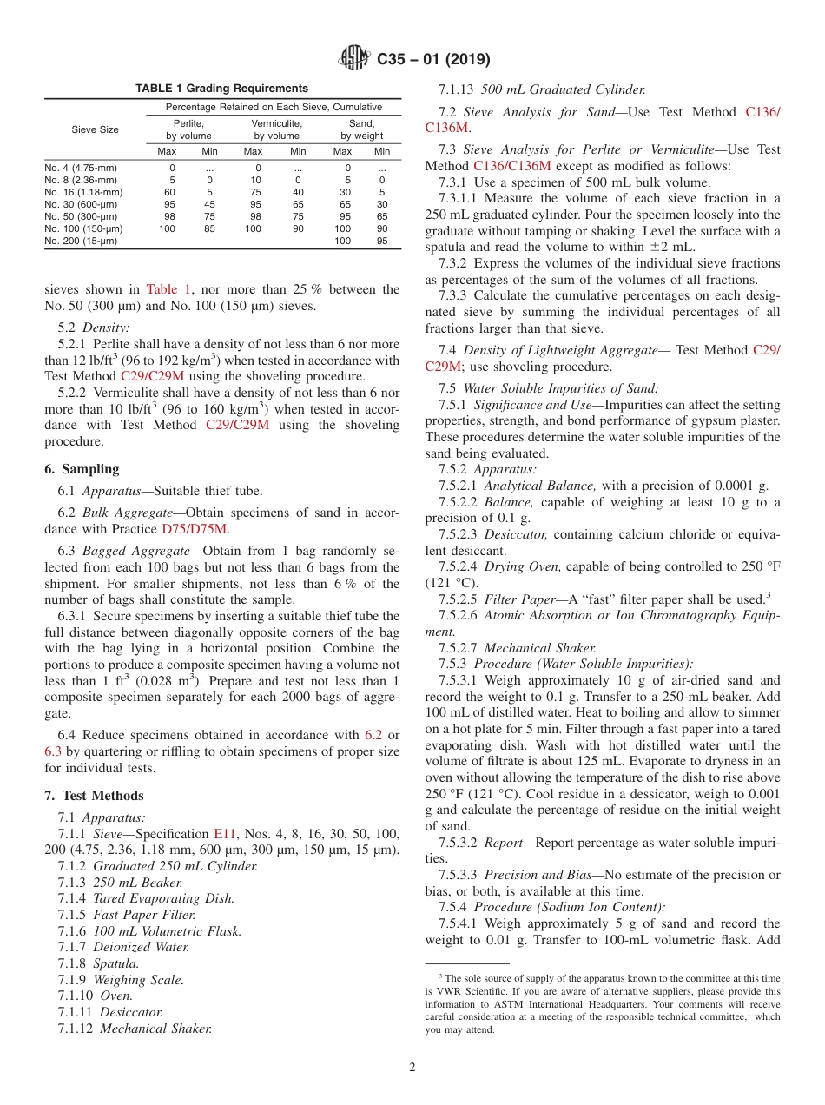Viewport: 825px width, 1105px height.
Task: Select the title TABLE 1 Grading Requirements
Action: point(221,89)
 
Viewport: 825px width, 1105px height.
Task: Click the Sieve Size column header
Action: point(95,129)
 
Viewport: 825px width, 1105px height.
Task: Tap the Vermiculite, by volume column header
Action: point(276,129)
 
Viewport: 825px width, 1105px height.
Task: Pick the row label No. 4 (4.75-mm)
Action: point(80,168)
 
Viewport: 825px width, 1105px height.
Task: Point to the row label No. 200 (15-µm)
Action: point(80,241)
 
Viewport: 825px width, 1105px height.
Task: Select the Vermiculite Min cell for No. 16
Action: point(298,192)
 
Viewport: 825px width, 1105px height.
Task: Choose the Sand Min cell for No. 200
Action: point(382,241)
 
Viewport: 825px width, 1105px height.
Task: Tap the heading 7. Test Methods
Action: point(94,796)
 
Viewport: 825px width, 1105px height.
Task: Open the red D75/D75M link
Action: point(195,529)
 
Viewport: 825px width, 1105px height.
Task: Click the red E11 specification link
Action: point(225,833)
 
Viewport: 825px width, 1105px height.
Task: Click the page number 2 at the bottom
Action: point(412,1068)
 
